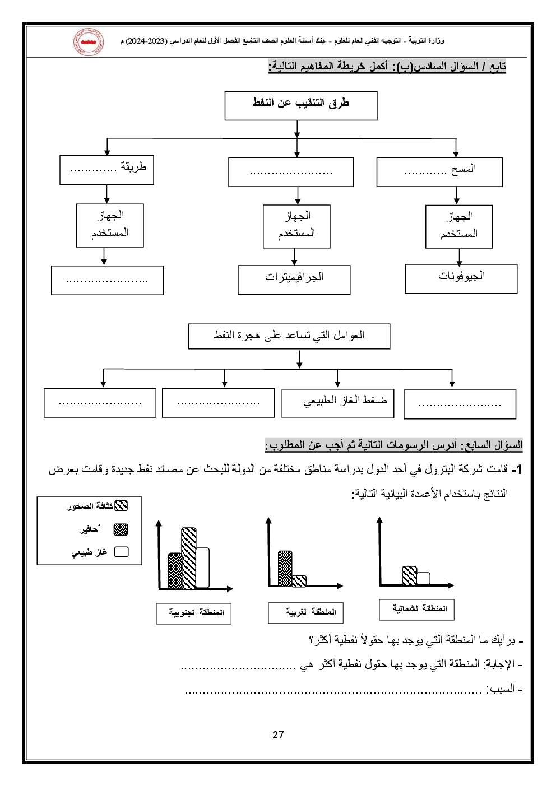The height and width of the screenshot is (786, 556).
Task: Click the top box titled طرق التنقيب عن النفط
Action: click(x=301, y=106)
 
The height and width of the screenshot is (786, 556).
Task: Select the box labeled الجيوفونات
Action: click(x=461, y=278)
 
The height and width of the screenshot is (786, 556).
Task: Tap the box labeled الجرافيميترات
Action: click(x=294, y=280)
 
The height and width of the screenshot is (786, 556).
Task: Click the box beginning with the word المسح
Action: click(x=439, y=171)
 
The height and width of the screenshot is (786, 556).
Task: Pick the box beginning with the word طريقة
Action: click(x=106, y=170)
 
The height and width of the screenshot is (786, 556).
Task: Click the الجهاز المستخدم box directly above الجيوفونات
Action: click(x=459, y=226)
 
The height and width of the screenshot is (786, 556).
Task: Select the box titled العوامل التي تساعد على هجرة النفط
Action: click(x=289, y=336)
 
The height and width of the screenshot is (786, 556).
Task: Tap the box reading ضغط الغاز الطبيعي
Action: click(x=337, y=403)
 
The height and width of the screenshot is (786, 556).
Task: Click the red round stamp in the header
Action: click(x=88, y=42)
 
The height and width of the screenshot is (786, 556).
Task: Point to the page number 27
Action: click(x=278, y=735)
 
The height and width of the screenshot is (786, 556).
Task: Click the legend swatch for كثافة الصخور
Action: click(x=121, y=506)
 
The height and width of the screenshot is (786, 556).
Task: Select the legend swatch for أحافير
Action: click(x=121, y=529)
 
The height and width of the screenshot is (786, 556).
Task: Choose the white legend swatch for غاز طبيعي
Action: click(x=121, y=552)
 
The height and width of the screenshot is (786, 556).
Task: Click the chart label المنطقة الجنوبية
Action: click(x=194, y=613)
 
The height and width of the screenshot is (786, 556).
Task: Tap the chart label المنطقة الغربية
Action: click(x=306, y=612)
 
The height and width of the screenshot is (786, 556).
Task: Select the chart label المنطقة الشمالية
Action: click(x=416, y=609)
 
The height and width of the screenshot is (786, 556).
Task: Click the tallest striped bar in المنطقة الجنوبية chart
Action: click(x=189, y=558)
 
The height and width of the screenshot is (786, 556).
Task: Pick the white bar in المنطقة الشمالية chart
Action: click(x=423, y=578)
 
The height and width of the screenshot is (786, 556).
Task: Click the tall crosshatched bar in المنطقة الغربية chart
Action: click(x=285, y=569)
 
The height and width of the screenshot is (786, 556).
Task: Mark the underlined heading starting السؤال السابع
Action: click(x=393, y=445)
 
